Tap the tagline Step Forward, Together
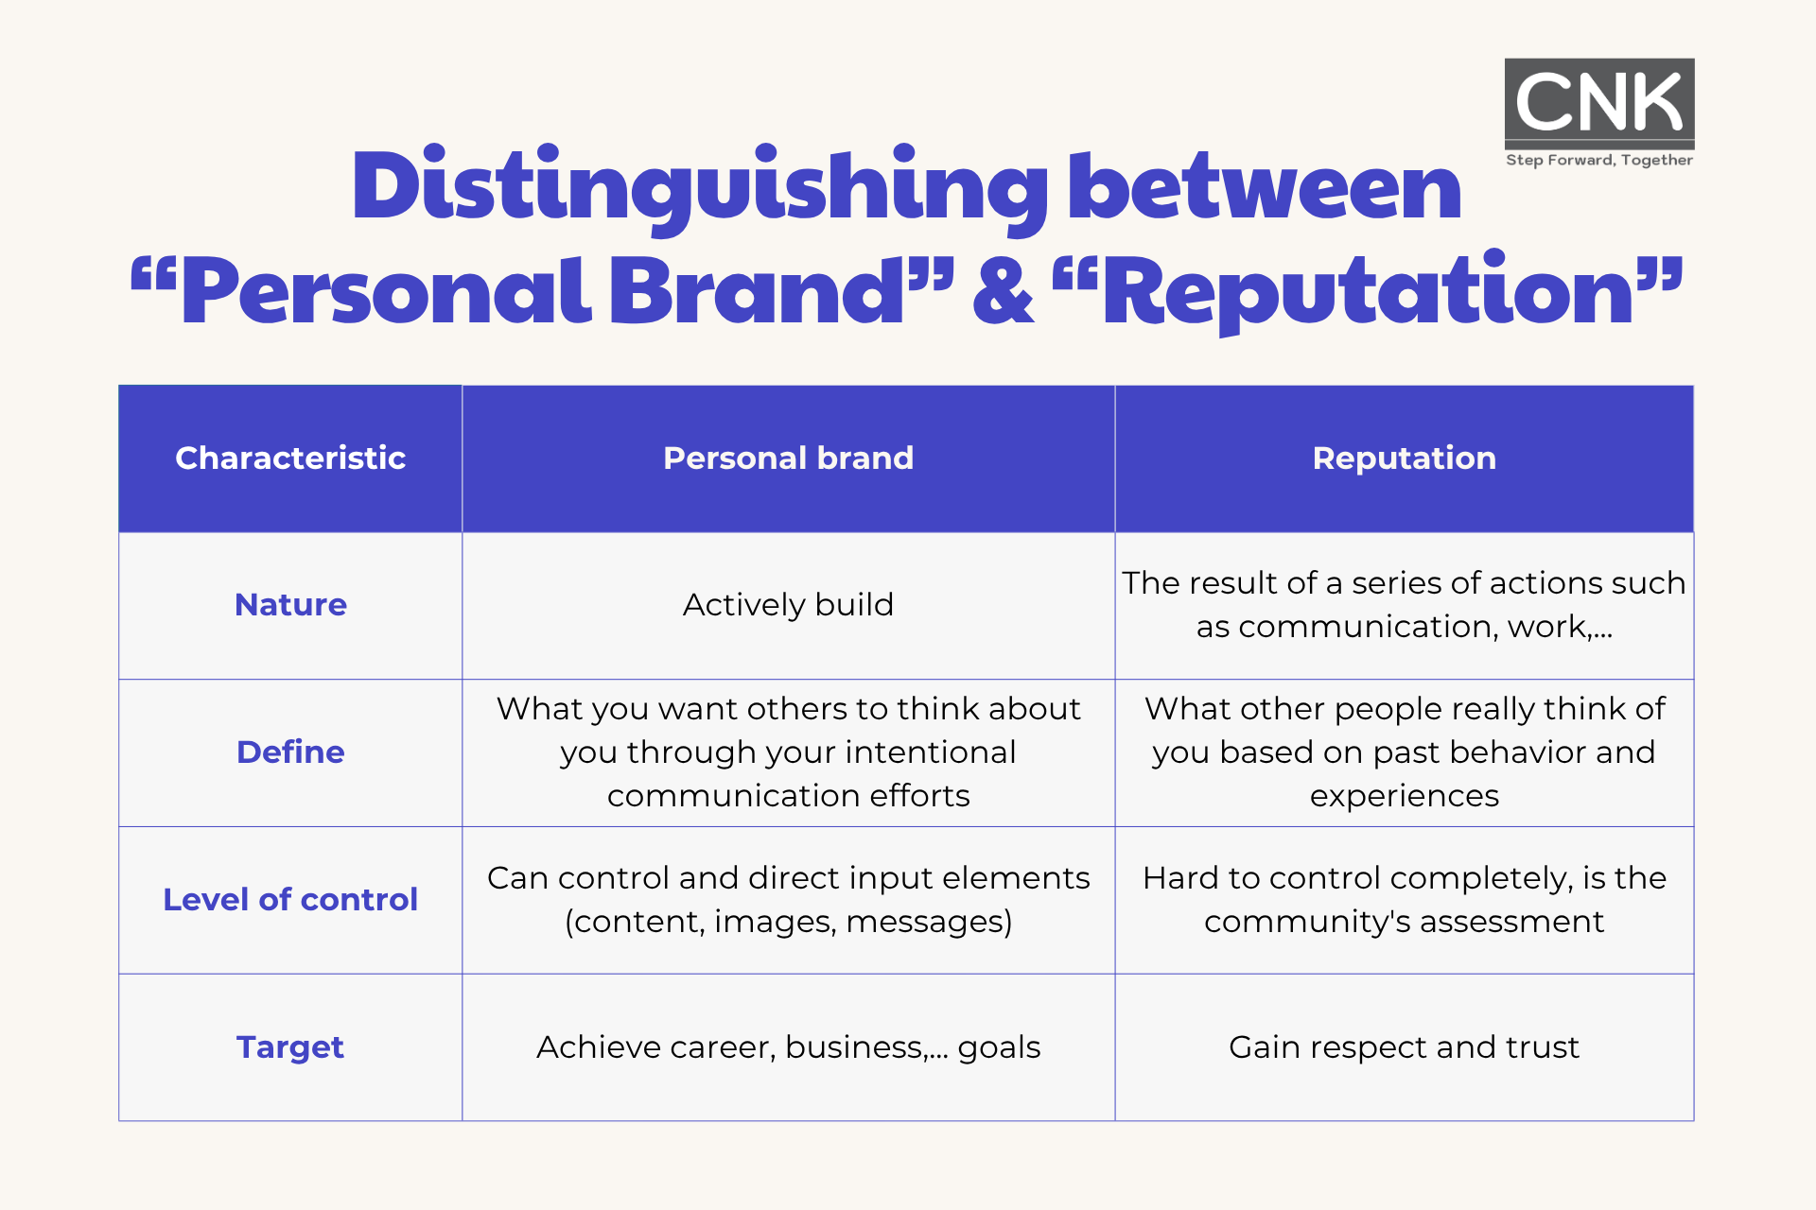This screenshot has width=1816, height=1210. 1599,160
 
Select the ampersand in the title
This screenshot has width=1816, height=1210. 1004,292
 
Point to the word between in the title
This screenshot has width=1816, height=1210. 1265,186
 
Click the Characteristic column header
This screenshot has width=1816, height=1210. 290,458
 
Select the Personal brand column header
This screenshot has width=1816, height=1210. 789,458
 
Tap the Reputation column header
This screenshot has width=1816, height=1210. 1405,458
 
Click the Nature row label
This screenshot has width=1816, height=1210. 290,605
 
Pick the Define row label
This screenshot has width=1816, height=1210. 290,752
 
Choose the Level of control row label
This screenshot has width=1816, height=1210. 290,900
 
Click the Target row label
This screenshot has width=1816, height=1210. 290,1047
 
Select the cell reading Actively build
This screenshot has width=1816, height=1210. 789,605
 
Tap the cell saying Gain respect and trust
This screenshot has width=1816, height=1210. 1405,1047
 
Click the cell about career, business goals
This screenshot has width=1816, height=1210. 789,1047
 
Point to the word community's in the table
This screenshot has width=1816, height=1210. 1307,922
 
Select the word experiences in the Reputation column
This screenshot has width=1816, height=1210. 1405,797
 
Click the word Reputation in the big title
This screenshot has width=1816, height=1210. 1369,292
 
